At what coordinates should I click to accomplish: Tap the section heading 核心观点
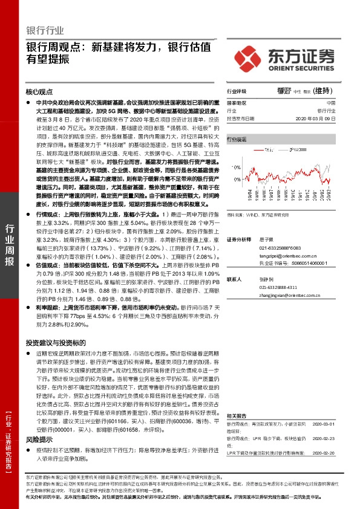40,92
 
